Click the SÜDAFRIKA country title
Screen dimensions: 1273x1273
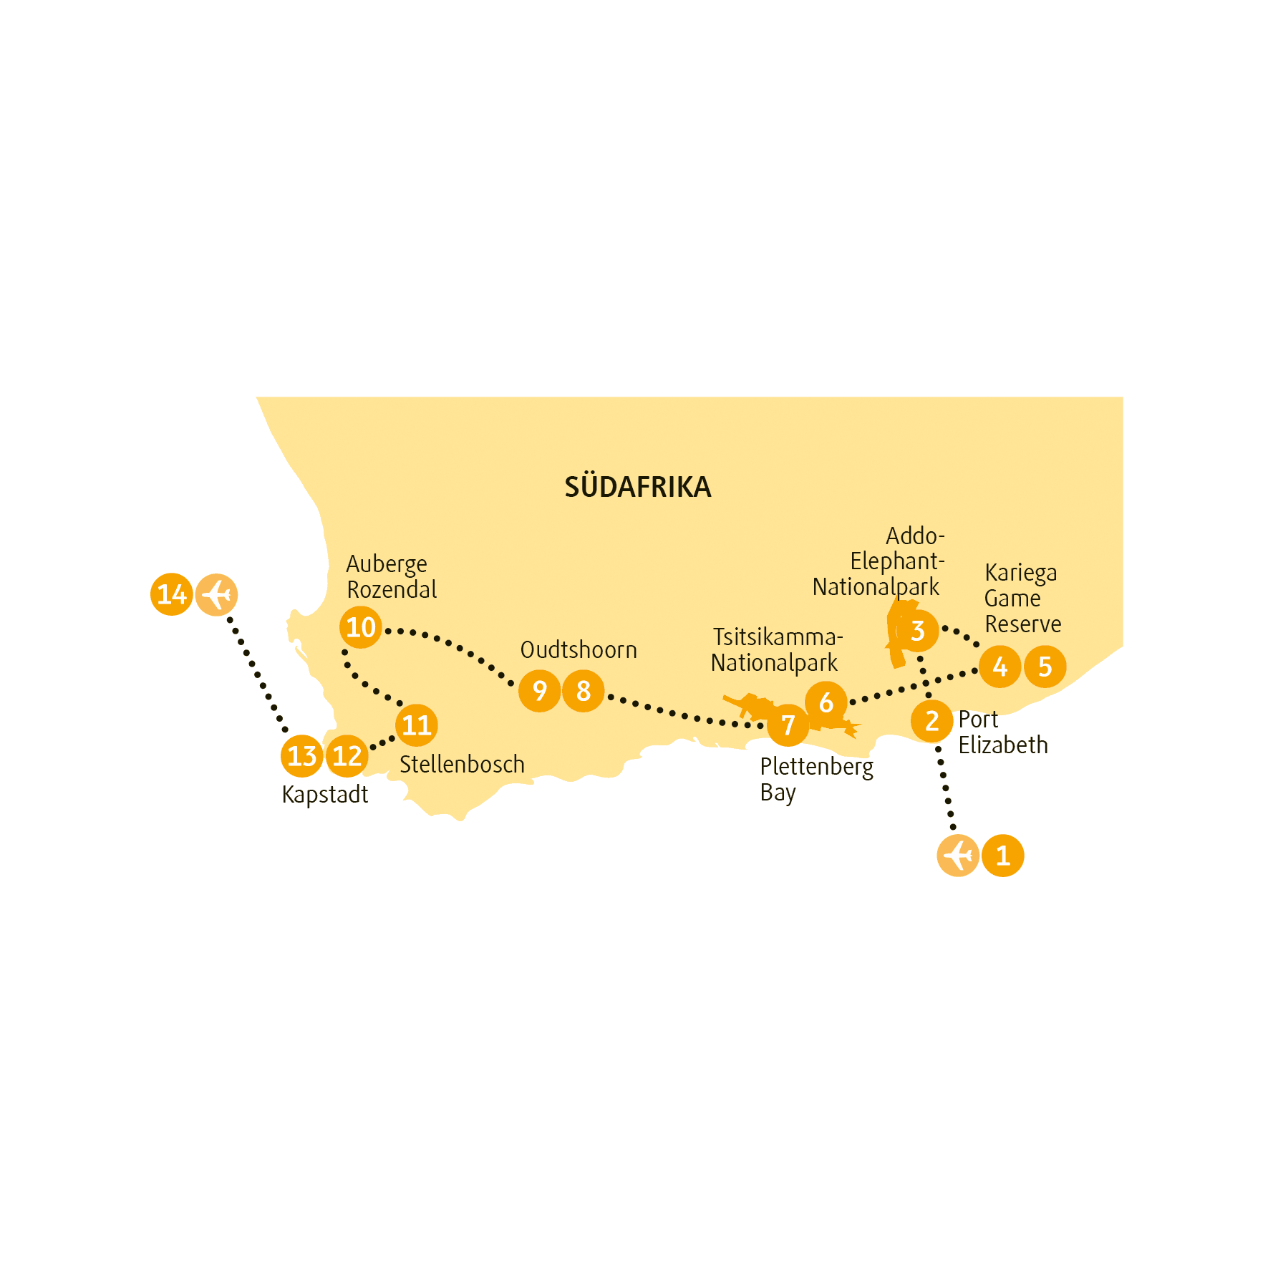637,487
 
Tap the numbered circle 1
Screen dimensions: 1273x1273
1002,856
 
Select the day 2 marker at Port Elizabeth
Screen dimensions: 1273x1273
931,722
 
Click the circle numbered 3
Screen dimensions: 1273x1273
917,631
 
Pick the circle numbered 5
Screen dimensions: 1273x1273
1045,667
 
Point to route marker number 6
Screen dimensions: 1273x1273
826,702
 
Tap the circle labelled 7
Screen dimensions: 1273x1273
788,725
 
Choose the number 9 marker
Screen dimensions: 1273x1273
539,691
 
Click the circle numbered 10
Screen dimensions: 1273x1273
360,627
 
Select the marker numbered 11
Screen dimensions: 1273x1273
416,725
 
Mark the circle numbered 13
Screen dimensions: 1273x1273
301,756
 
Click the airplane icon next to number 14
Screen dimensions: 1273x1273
216,594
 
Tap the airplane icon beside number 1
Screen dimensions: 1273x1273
958,856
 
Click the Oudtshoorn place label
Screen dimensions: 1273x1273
579,650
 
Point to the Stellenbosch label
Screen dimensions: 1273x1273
462,765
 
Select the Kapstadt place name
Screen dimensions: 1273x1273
325,795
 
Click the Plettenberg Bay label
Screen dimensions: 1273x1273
817,780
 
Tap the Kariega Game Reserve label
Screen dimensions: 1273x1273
1023,598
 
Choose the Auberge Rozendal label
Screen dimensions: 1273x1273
392,576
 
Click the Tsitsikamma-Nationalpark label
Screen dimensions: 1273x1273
777,650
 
